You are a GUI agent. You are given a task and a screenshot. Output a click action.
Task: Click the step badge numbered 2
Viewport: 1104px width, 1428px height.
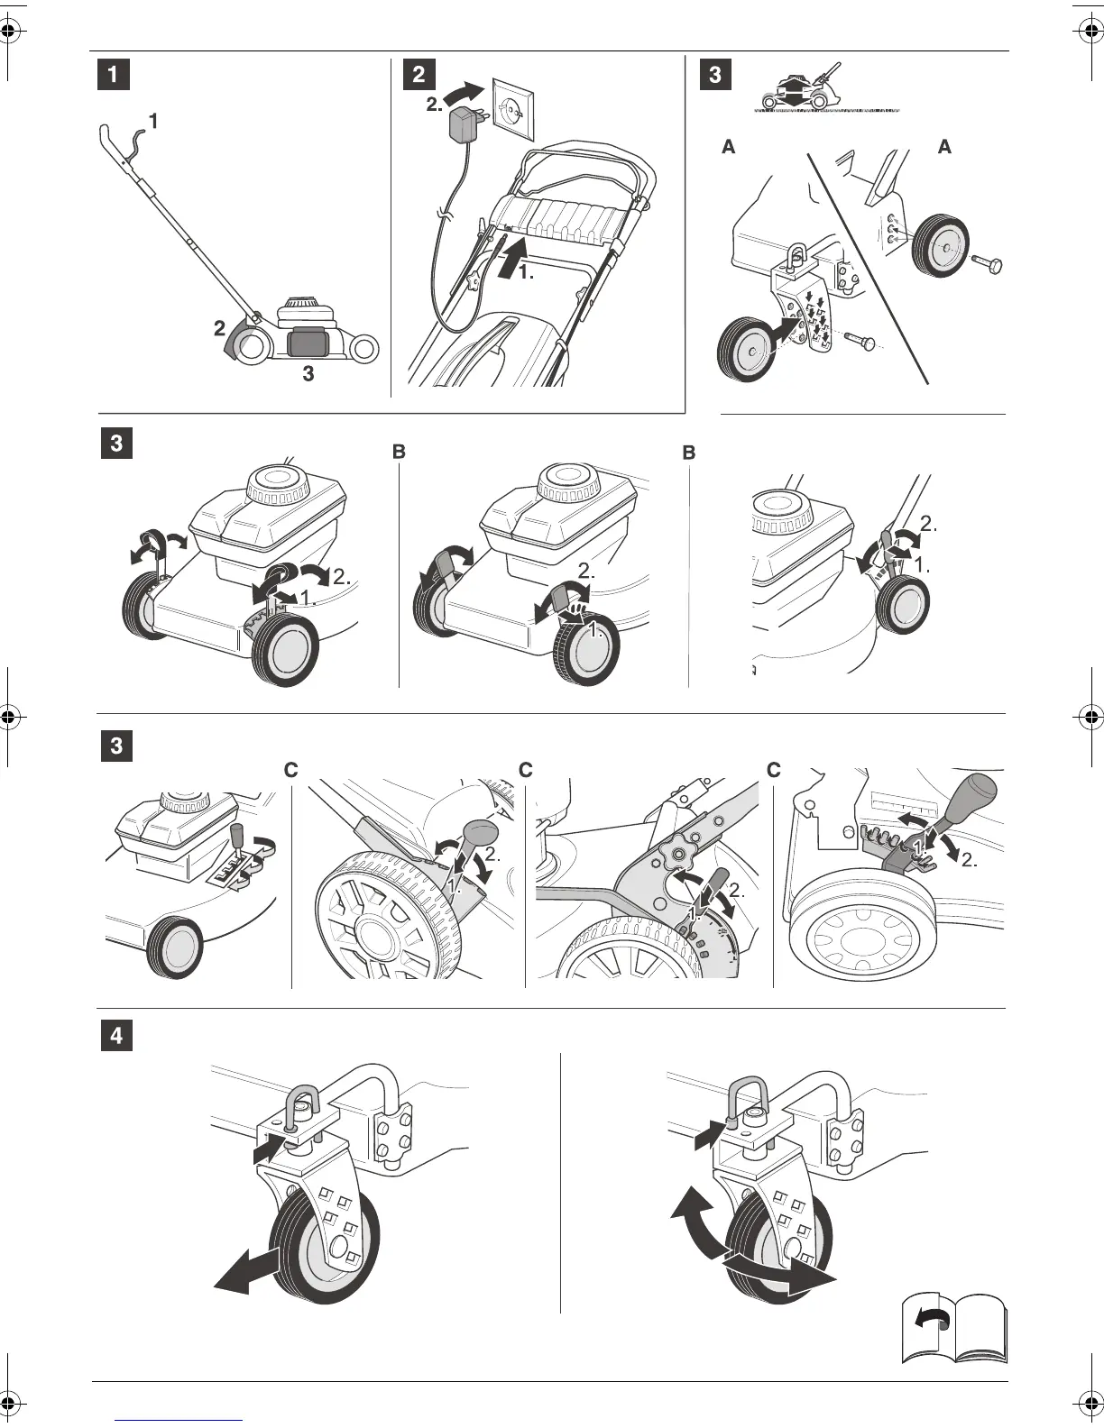(418, 75)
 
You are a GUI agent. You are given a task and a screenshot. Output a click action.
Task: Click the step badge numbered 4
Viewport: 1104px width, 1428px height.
(115, 1036)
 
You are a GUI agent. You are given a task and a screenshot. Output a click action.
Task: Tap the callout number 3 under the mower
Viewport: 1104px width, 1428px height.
(308, 374)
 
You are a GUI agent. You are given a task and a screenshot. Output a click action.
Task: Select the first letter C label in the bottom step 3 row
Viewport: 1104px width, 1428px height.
(290, 771)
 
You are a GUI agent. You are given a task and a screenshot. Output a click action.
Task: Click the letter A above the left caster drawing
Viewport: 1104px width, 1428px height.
(729, 147)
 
